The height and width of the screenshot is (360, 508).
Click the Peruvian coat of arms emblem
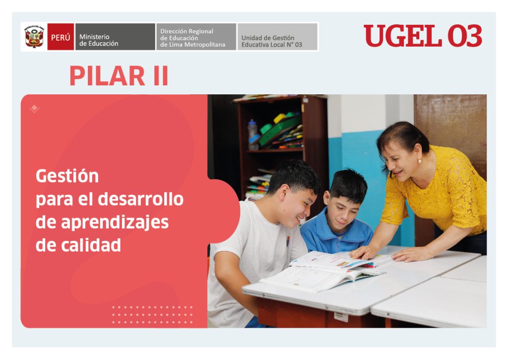[34, 37]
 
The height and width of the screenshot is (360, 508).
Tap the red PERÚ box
[61, 37]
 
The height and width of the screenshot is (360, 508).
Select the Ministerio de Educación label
[99, 40]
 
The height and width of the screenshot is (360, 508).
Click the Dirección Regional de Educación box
[196, 37]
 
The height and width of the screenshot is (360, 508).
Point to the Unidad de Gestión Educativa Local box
[277, 37]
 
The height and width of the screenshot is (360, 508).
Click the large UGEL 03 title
[423, 36]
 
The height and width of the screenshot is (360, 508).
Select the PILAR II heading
[119, 76]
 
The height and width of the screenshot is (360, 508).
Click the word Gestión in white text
[67, 176]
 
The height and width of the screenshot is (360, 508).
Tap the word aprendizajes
[115, 223]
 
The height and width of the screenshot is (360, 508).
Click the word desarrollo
[140, 199]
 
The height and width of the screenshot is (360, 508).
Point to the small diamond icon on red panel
[34, 109]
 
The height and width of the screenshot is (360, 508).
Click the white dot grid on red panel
[152, 315]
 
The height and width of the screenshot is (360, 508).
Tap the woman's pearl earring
[419, 161]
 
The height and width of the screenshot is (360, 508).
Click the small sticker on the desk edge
[341, 316]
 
